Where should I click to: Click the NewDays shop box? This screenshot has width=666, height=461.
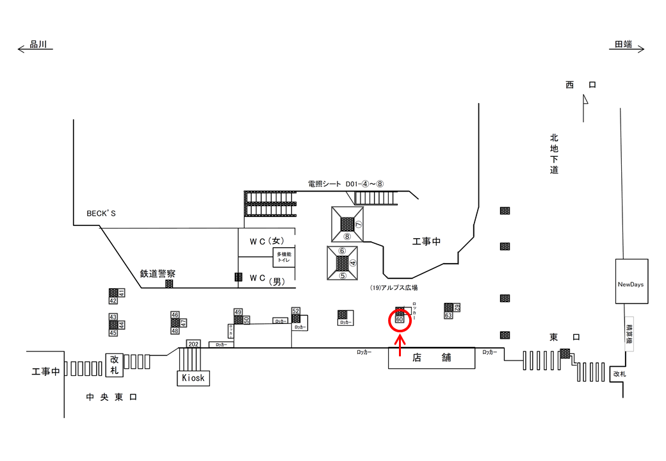point(631,284)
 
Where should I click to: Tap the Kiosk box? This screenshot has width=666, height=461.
point(193,378)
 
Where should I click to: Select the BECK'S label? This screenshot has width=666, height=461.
point(101,213)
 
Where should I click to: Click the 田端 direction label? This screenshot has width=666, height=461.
point(623,44)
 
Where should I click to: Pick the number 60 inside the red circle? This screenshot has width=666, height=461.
point(399,319)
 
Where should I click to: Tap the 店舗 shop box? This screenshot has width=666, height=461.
point(432,357)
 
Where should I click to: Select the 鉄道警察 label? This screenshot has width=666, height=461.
point(158,273)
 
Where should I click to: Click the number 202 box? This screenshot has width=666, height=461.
point(193,344)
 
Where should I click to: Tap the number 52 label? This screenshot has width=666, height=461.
point(296,311)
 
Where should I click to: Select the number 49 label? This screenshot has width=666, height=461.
point(238,312)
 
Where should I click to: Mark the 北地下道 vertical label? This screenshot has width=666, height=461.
point(554,154)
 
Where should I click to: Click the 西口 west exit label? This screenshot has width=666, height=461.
point(580,85)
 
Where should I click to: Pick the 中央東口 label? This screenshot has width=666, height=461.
point(112,398)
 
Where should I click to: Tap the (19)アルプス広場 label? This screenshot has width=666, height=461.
point(394,288)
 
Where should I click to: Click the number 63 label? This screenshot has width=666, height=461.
point(448,315)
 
